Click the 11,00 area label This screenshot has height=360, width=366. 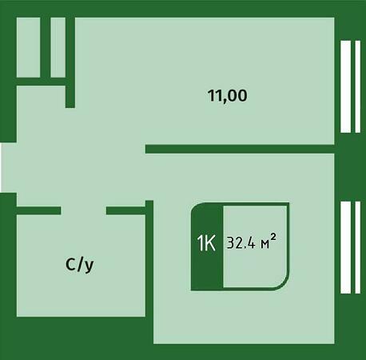(x=228, y=96)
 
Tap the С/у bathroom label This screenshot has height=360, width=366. (x=80, y=265)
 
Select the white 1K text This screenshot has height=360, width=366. (x=206, y=243)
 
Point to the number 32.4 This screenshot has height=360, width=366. (x=241, y=243)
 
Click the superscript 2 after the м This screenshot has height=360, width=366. (x=273, y=237)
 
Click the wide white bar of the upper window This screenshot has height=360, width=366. (x=346, y=86)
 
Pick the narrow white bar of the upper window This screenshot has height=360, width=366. (x=358, y=86)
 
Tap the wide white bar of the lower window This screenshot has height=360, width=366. (x=346, y=247)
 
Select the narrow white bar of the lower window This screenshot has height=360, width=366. (x=358, y=247)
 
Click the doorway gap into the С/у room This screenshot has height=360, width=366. (x=84, y=210)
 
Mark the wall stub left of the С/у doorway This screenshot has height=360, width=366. (x=38, y=210)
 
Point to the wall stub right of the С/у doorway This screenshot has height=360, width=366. (x=126, y=210)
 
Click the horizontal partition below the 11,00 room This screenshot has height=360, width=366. (x=240, y=149)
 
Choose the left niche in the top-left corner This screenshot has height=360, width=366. (x=29, y=47)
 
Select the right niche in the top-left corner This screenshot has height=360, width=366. (x=58, y=47)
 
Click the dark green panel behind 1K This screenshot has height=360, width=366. (x=207, y=246)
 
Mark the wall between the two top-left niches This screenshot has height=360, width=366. (x=46, y=47)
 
